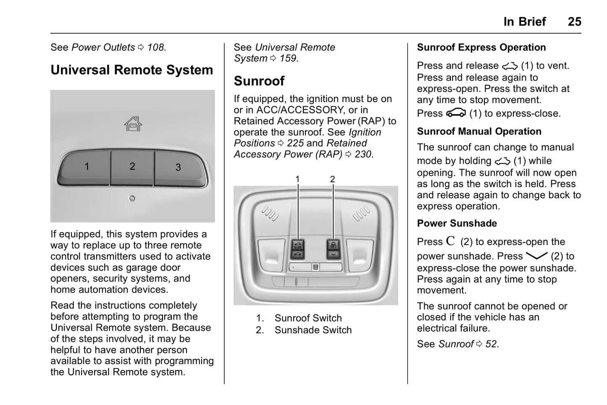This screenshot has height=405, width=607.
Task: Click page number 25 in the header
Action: tap(574, 21)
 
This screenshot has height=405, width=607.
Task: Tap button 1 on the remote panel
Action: tap(87, 167)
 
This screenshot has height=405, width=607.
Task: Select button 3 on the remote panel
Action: tap(178, 167)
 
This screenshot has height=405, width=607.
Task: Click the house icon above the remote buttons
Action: tap(133, 124)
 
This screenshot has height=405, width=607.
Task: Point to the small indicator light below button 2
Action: tap(132, 198)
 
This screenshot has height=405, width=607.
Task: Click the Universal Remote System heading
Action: tap(132, 70)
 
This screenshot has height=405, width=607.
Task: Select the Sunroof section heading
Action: tap(259, 81)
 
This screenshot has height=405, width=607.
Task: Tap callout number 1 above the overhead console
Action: tap(297, 179)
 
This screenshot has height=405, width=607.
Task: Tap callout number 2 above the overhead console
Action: tap(333, 179)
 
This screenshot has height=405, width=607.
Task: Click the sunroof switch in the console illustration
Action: tap(298, 249)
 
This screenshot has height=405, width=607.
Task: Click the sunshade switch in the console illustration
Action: tap(333, 249)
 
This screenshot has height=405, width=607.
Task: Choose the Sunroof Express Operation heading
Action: tap(481, 47)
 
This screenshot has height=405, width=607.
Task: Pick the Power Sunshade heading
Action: tap(457, 223)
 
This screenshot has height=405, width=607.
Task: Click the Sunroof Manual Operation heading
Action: tap(479, 131)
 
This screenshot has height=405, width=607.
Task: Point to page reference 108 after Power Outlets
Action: tap(155, 47)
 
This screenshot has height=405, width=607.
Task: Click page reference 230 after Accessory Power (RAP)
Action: tap(363, 154)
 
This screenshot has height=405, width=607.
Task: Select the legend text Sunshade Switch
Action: tap(313, 330)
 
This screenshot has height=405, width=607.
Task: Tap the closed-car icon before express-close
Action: tap(456, 113)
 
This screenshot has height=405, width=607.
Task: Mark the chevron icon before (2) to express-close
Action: tap(536, 256)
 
